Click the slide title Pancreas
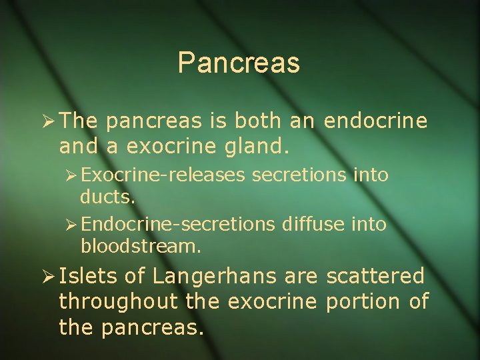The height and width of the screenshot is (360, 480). pos(239,63)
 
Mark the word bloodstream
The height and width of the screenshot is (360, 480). pos(140,246)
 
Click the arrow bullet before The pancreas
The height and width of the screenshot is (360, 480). pos(46,121)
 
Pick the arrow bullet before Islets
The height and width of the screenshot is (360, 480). pos(46,276)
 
